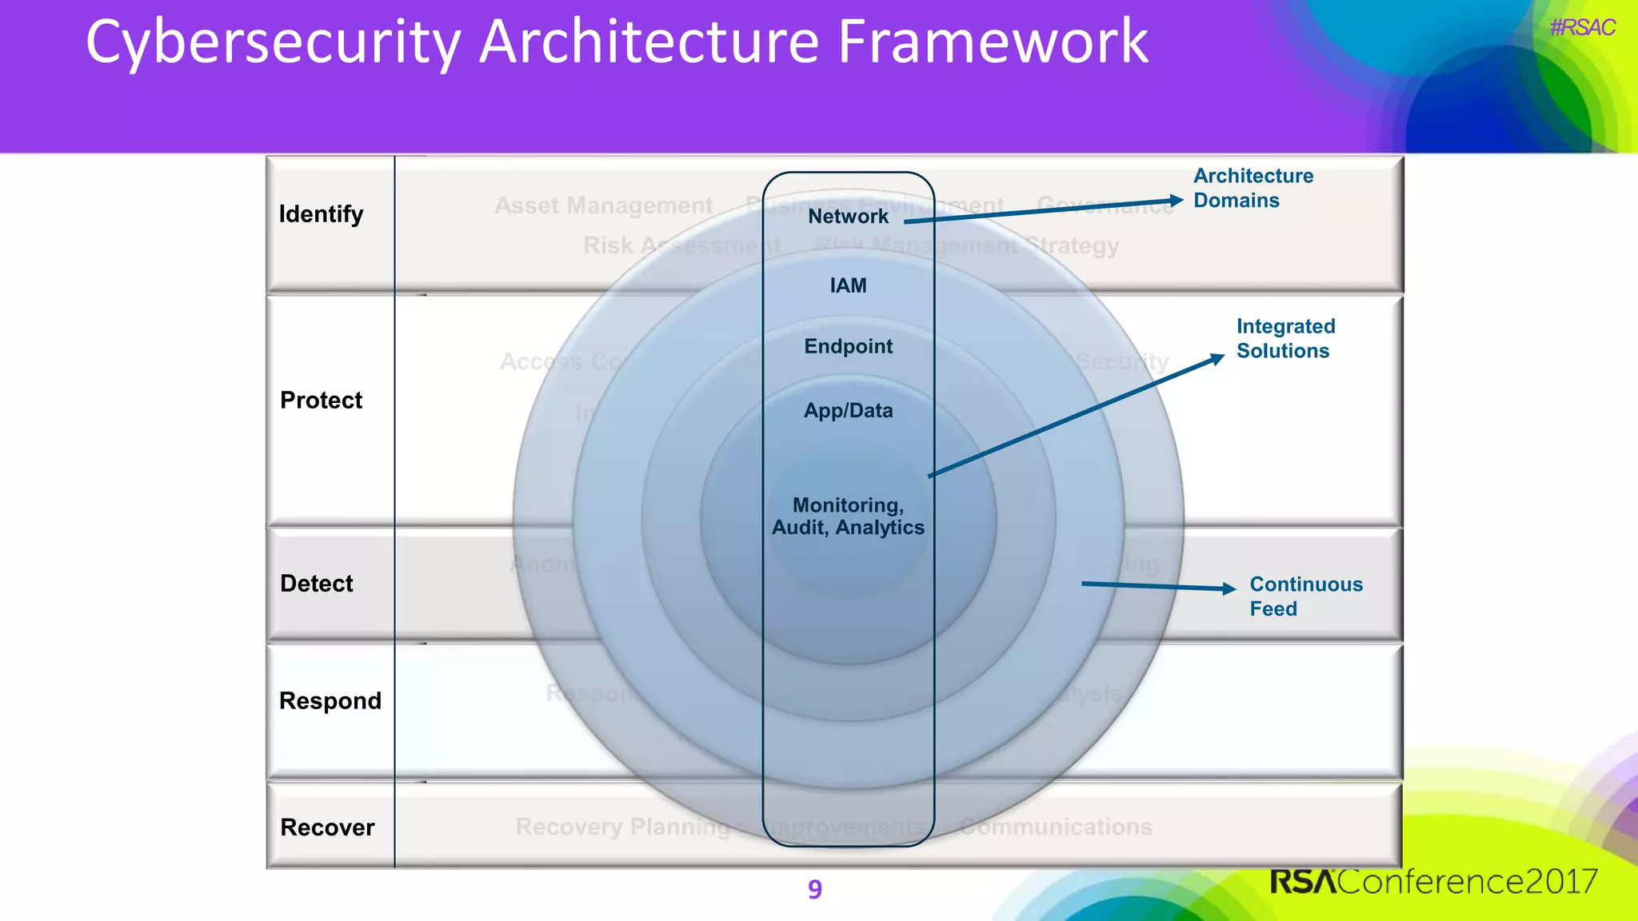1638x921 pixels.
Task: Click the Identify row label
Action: pos(321,214)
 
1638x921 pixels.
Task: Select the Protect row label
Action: pos(321,400)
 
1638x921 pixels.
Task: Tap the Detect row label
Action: pos(316,584)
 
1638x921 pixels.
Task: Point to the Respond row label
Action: pos(330,701)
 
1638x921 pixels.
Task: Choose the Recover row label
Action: pos(327,827)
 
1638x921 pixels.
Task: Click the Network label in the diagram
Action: pos(848,216)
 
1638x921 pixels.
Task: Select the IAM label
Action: pos(848,285)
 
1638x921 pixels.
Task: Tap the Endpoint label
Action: pos(848,346)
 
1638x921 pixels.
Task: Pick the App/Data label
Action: pos(848,410)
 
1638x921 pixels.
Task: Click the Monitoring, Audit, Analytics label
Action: pos(848,516)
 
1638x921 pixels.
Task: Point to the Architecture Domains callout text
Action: pos(1252,188)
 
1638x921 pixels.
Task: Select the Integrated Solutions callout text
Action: pos(1285,338)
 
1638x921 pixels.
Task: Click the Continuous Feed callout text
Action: pos(1305,596)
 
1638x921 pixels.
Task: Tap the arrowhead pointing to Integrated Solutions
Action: pos(1217,359)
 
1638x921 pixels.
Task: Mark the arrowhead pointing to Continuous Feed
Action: pos(1229,588)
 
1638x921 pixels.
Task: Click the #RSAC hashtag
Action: pos(1581,28)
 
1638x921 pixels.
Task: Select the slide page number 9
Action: pos(814,889)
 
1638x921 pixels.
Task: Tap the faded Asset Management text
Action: pos(603,205)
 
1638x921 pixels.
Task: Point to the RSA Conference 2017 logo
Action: pos(1433,881)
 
